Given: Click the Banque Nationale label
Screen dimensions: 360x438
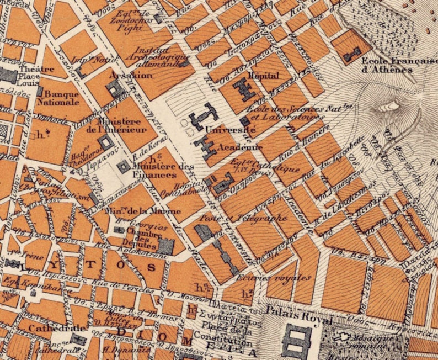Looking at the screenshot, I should tap(62, 98).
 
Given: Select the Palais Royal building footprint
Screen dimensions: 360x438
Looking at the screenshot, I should tap(297, 340).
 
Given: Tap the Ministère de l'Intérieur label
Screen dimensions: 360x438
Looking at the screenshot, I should tap(115, 125).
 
